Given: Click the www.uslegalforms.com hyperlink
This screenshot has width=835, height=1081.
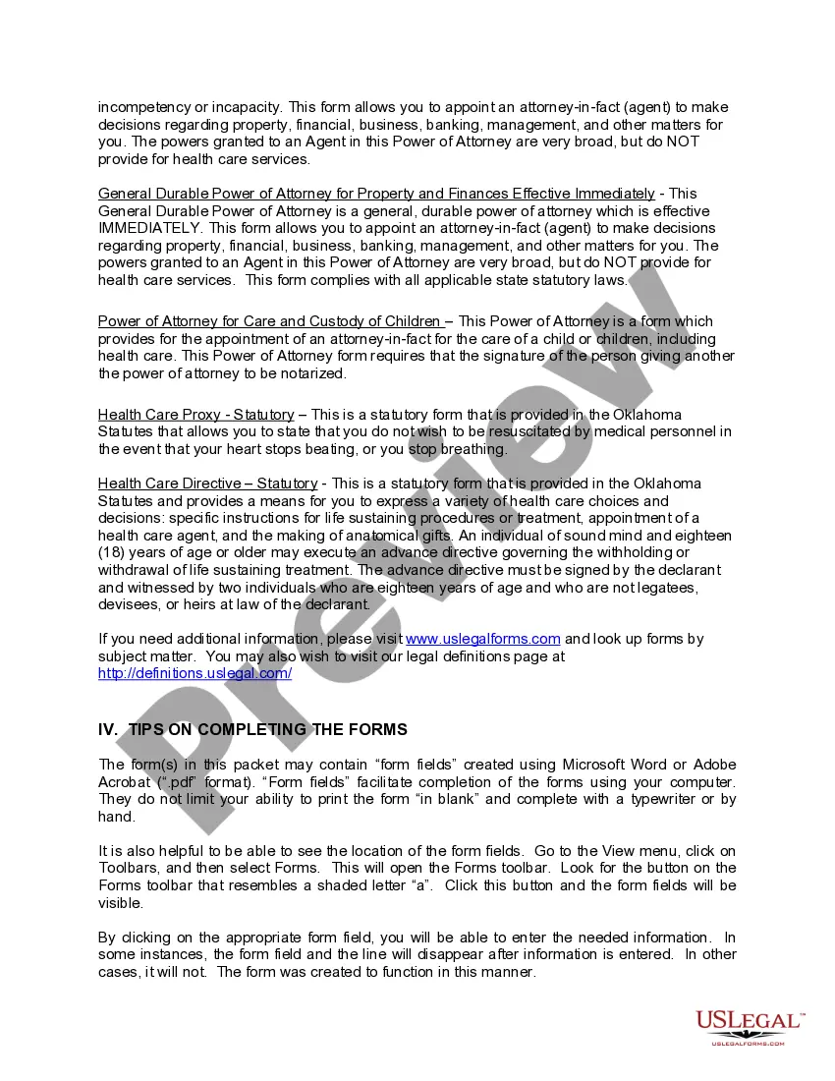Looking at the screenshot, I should pyautogui.click(x=482, y=639).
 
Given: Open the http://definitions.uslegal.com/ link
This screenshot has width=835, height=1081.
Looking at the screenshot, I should pyautogui.click(x=195, y=673).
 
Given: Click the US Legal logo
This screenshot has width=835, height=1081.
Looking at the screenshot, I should pyautogui.click(x=749, y=1026).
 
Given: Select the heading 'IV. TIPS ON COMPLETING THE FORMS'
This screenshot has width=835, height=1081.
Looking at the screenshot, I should pyautogui.click(x=252, y=729).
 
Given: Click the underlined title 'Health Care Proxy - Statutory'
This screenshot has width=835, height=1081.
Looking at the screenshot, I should pyautogui.click(x=195, y=415).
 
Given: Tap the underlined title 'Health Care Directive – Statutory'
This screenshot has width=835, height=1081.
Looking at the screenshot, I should pyautogui.click(x=207, y=484).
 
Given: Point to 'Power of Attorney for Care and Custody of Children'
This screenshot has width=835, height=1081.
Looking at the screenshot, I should pyautogui.click(x=268, y=321).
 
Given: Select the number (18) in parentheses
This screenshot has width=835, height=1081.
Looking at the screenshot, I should pyautogui.click(x=113, y=553).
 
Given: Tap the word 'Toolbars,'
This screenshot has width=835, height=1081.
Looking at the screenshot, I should pyautogui.click(x=131, y=868).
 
